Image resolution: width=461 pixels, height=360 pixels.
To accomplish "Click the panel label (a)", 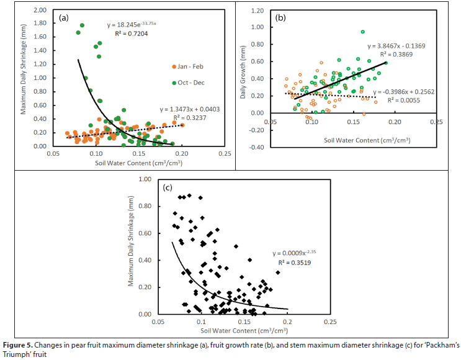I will (x=63, y=18).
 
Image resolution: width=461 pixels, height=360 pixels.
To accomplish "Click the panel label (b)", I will (x=280, y=18).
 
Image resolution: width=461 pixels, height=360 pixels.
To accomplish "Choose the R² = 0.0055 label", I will (x=401, y=99).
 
